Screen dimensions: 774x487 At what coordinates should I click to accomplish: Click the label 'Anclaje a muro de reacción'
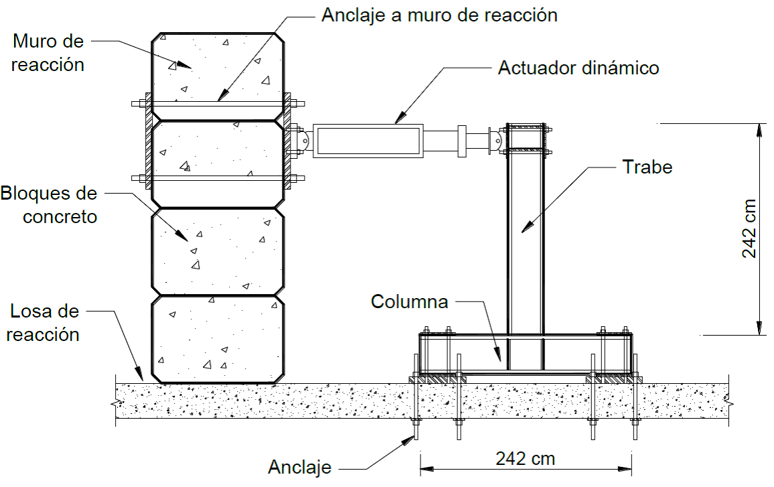pyautogui.click(x=439, y=15)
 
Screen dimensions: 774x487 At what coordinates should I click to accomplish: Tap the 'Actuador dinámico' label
pyautogui.click(x=578, y=68)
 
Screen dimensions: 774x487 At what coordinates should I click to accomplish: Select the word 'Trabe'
pyautogui.click(x=647, y=167)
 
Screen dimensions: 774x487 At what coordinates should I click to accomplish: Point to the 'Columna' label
pyautogui.click(x=409, y=301)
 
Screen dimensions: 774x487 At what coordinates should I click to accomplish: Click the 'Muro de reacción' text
pyautogui.click(x=48, y=53)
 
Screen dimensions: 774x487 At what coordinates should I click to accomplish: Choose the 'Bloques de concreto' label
pyautogui.click(x=49, y=205)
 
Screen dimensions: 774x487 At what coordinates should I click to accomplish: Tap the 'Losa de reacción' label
pyautogui.click(x=44, y=322)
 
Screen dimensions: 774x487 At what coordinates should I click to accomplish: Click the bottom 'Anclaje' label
pyautogui.click(x=300, y=468)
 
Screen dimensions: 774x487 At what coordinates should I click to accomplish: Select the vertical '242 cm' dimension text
pyautogui.click(x=749, y=228)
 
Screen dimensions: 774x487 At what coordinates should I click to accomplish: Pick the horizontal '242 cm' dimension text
pyautogui.click(x=525, y=458)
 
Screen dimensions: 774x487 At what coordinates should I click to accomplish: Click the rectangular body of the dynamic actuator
pyautogui.click(x=368, y=141)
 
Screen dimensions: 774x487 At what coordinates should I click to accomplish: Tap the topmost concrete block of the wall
pyautogui.click(x=218, y=76)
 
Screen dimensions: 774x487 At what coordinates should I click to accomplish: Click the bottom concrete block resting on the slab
pyautogui.click(x=218, y=340)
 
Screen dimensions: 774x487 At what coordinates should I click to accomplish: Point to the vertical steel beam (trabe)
pyautogui.click(x=526, y=247)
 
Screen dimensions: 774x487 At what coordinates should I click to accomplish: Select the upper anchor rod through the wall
pyautogui.click(x=218, y=104)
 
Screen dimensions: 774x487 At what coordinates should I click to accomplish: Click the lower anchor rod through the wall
pyautogui.click(x=218, y=178)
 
